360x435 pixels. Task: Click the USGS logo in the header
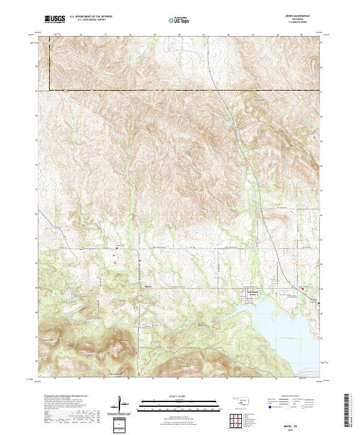click(55, 20)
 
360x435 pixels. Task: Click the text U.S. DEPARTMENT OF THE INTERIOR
click(91, 17)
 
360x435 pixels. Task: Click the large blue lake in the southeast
click(276, 318)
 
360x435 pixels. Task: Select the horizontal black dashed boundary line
click(180, 91)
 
